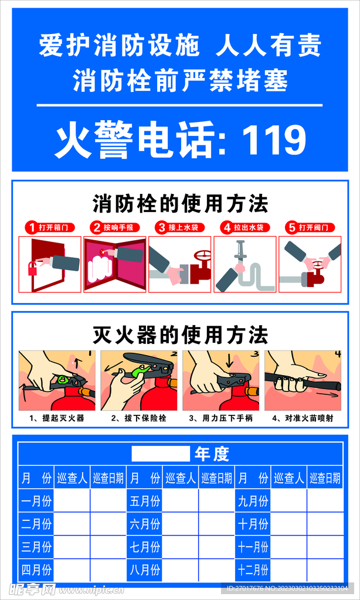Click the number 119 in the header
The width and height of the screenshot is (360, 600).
tap(274, 141)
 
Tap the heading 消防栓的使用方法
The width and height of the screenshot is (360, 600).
tap(181, 204)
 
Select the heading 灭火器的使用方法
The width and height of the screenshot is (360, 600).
tap(181, 335)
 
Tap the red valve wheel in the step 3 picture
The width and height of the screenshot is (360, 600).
tap(203, 257)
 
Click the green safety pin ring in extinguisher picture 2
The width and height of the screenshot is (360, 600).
tap(139, 371)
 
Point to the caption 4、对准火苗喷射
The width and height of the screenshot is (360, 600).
tap(303, 418)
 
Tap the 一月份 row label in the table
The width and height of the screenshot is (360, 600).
tap(36, 502)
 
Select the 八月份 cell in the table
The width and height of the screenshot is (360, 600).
tap(144, 569)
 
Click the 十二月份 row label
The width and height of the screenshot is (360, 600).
tap(253, 569)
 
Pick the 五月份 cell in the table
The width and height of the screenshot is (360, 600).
tap(144, 502)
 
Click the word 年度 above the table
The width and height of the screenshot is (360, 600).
tap(212, 454)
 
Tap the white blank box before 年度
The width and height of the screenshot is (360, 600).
tap(161, 454)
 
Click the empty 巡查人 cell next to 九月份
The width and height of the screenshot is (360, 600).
tap(288, 502)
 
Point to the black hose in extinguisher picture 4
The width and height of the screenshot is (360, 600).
tap(305, 382)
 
